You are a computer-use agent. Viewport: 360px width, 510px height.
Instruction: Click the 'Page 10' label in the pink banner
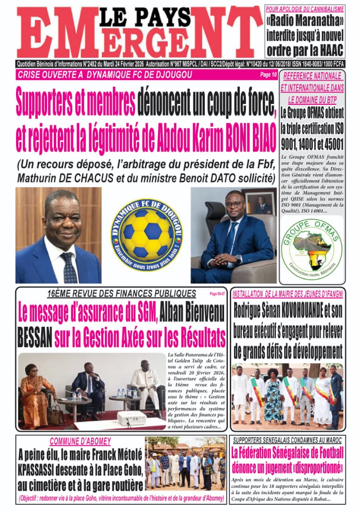[x=268, y=74]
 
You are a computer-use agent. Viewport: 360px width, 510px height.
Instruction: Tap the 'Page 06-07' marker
[x=217, y=293]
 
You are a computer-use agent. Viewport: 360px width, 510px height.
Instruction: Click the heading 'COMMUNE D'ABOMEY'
[x=80, y=441]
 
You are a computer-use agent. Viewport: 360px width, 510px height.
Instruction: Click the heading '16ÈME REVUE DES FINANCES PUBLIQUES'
[x=122, y=293]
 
